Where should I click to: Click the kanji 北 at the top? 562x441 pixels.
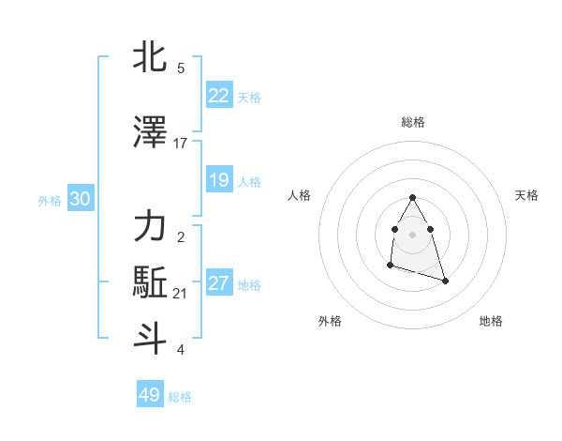click(150, 57)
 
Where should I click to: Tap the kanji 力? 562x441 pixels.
click(150, 226)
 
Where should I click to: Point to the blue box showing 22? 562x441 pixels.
click(219, 96)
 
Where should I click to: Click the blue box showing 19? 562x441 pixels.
click(219, 180)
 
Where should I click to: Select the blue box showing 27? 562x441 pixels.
click(219, 283)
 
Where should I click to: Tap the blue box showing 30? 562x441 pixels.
click(80, 200)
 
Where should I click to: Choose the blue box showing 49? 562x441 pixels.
click(150, 395)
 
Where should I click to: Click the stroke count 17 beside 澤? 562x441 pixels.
click(181, 143)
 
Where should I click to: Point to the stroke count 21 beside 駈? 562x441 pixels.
click(181, 294)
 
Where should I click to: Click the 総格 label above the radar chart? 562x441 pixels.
click(412, 122)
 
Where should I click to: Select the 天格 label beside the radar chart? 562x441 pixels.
click(526, 195)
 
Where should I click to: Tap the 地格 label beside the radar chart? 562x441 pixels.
click(491, 321)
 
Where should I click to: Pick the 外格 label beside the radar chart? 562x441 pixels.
click(330, 321)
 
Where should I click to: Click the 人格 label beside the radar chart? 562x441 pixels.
click(299, 195)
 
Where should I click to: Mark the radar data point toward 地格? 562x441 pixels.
click(445, 281)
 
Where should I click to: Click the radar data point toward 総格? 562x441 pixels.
click(412, 197)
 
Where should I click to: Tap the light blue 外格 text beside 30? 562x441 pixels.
click(49, 201)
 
